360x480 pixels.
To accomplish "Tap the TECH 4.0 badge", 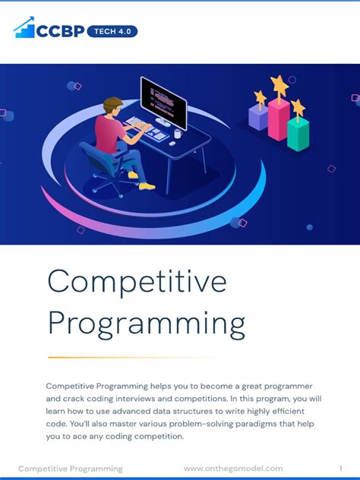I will point(112,32).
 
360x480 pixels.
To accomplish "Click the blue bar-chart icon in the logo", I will point(25,29).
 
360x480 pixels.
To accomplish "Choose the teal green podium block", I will point(298,133).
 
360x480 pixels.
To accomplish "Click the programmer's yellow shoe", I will point(147,185).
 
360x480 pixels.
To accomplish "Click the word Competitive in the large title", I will point(137,283).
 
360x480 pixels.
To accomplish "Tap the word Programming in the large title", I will point(146,324).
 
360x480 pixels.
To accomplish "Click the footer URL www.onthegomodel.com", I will point(233,469).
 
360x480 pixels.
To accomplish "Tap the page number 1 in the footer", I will point(341,469).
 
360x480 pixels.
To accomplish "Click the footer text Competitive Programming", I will point(70,469).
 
